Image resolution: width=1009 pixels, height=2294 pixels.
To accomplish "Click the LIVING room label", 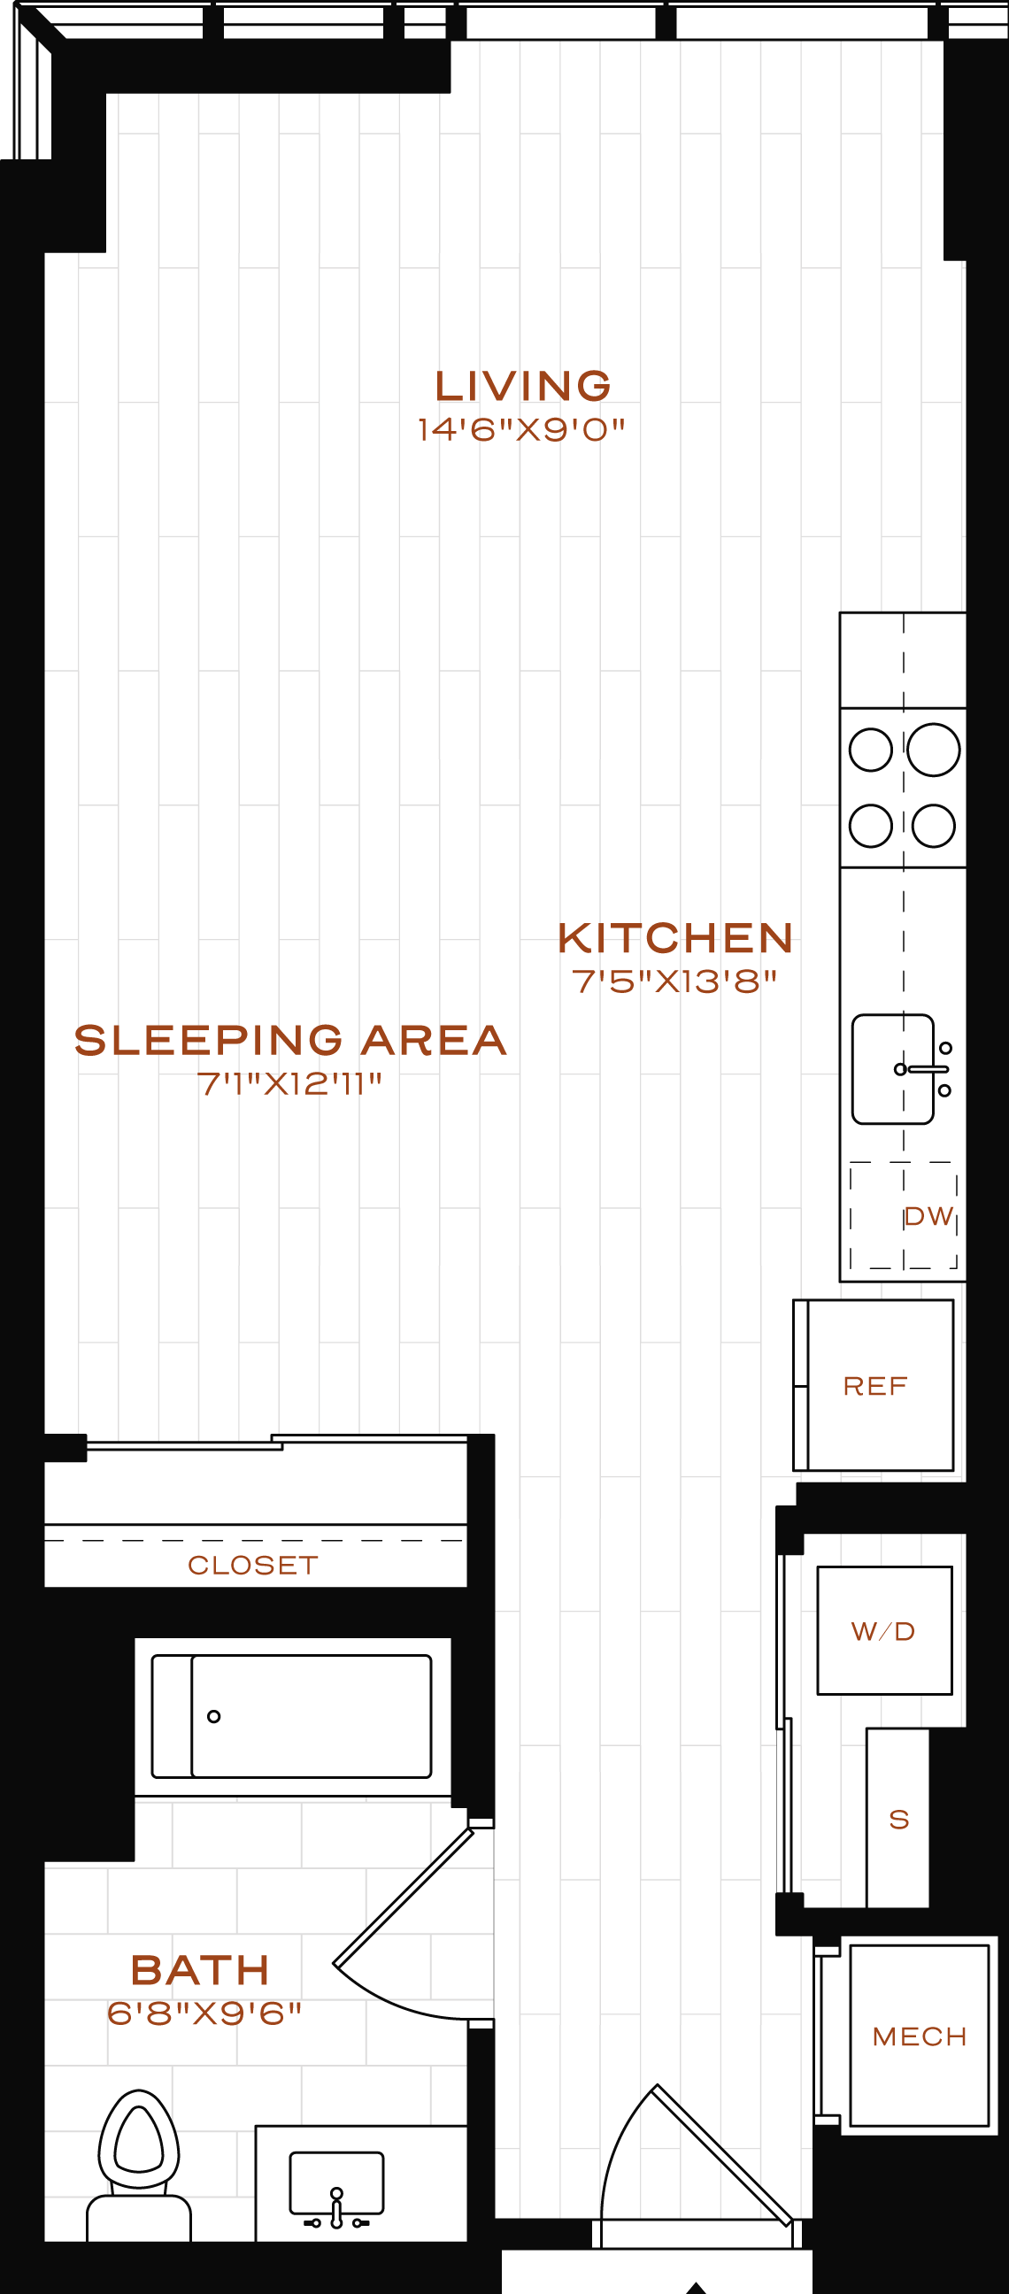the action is point(523,387).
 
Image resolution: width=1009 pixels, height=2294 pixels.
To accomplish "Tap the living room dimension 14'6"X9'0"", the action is point(522,430).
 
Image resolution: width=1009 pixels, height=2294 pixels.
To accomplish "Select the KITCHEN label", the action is point(675,939).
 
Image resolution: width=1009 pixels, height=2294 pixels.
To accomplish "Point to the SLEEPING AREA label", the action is point(290,1040).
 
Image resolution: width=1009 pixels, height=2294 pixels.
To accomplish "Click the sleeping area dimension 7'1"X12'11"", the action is point(289,1084).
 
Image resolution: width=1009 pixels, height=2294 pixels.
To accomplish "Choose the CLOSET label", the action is point(253,1565).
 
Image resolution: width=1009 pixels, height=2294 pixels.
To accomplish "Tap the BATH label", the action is point(200,1970).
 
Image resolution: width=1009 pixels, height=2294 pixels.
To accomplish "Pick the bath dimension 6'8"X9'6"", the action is point(204,2013).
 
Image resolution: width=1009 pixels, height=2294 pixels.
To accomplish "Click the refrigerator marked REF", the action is point(874,1386).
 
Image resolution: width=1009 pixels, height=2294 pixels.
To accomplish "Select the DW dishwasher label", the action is point(928,1216).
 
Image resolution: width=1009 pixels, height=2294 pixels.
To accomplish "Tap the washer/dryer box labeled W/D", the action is point(884,1630).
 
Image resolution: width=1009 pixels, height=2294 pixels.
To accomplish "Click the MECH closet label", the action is point(920,2036).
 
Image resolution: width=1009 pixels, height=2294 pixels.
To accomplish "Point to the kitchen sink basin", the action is point(892,1068).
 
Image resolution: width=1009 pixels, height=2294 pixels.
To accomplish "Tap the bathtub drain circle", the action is point(213,1716).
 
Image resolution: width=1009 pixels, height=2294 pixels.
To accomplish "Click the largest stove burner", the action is point(933,750).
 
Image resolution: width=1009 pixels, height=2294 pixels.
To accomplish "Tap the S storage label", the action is point(899,1820).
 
